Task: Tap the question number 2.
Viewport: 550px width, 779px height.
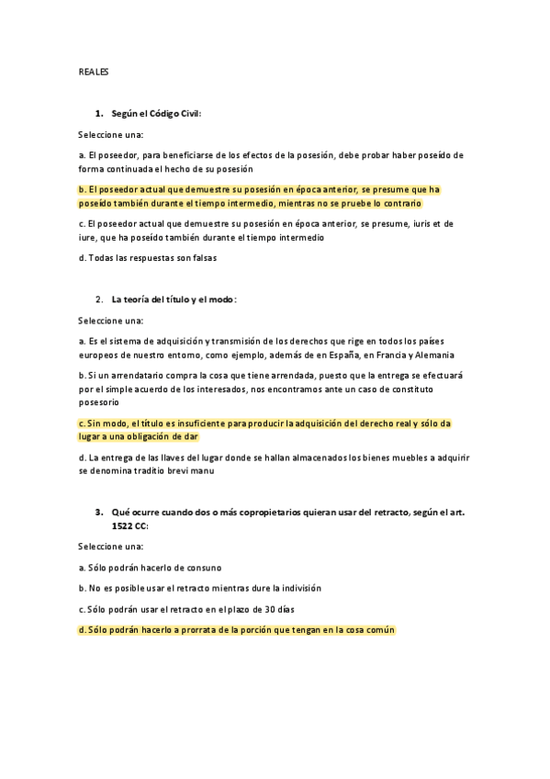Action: click(x=99, y=299)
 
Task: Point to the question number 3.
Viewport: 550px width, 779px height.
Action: click(x=99, y=511)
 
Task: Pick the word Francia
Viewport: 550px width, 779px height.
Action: click(x=377, y=355)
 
